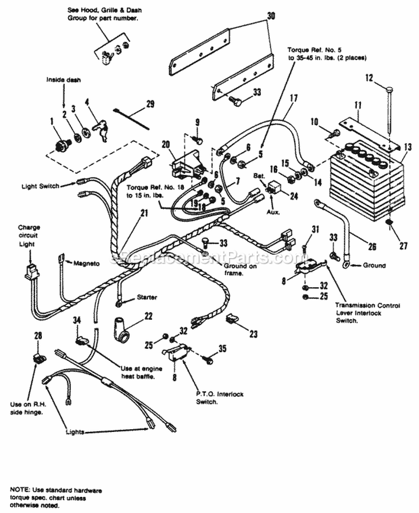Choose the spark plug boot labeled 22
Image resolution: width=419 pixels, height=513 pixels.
(x=121, y=327)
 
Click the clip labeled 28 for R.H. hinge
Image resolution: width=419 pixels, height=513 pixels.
(x=39, y=357)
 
